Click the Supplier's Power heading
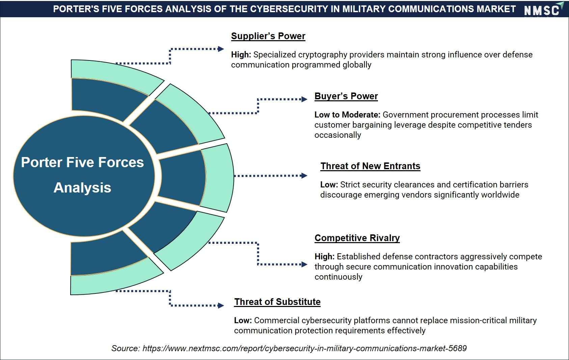(x=268, y=36)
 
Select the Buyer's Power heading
(x=346, y=96)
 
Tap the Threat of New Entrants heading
(x=370, y=166)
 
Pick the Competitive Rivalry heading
(x=357, y=238)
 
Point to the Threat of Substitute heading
(x=277, y=302)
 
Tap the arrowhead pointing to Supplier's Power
(x=221, y=49)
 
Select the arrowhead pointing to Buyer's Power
(x=304, y=99)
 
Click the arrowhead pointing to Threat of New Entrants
(x=304, y=175)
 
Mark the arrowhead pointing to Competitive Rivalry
(x=304, y=264)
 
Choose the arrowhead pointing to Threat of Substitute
(x=221, y=305)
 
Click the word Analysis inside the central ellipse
(x=82, y=188)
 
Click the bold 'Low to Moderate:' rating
(x=347, y=115)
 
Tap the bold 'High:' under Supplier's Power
(x=241, y=55)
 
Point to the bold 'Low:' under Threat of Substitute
(x=243, y=320)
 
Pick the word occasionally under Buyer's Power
(x=337, y=135)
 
